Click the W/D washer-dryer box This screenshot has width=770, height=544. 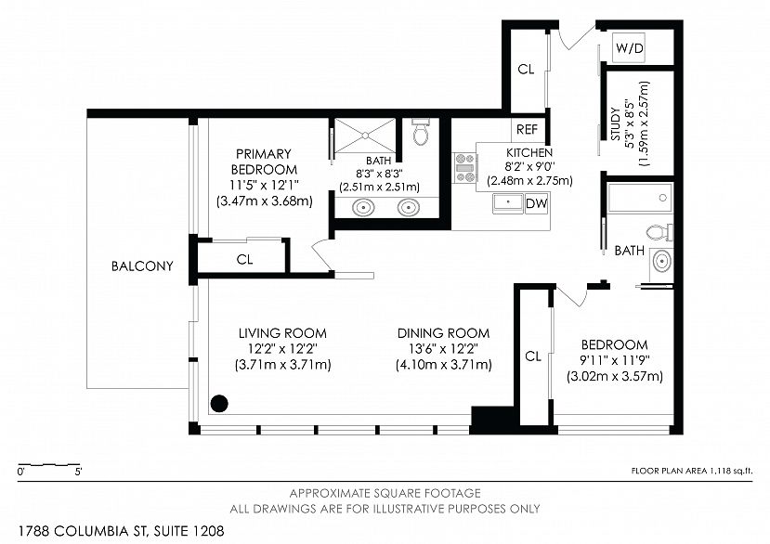[629, 48]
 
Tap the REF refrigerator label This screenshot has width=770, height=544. [527, 130]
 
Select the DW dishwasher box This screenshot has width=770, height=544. [536, 203]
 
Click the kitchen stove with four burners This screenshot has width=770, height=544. [464, 168]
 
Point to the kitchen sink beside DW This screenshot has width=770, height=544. [508, 203]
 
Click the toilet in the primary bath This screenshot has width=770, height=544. [421, 131]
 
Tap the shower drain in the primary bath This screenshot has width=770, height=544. [365, 135]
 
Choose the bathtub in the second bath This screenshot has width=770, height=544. [640, 198]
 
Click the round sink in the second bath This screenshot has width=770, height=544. [661, 261]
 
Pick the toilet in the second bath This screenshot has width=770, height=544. [659, 232]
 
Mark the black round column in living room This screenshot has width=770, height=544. [219, 404]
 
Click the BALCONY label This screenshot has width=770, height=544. [142, 266]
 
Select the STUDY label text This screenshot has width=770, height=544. [615, 124]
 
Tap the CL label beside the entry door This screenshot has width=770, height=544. [526, 70]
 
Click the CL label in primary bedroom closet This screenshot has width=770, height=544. [244, 259]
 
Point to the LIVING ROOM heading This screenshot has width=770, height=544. [282, 333]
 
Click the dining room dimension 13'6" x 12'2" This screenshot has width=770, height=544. [443, 349]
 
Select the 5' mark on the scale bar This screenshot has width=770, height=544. [79, 472]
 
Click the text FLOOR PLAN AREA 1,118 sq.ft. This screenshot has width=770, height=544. [691, 471]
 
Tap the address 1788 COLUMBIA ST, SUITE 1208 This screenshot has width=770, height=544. [122, 531]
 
